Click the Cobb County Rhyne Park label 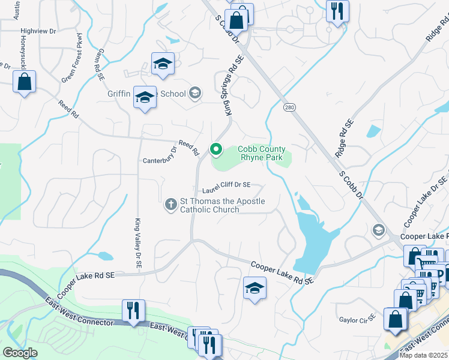262,154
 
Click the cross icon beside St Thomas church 170,205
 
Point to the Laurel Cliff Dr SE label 226,187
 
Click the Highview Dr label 38,31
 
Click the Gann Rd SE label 99,64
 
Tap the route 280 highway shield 290,106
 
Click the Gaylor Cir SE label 357,319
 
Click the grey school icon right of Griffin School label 194,93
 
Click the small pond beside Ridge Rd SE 373,131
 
